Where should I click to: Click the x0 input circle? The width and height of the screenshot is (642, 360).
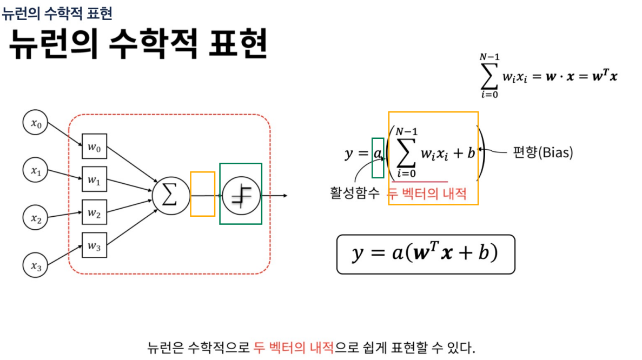[36, 123]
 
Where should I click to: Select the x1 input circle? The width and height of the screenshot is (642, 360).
[36, 171]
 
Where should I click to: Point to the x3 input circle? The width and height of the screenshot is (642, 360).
[36, 265]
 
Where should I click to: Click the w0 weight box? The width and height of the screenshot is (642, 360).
[94, 146]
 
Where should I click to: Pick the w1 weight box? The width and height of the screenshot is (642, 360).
[94, 180]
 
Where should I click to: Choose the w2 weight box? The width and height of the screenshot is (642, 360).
[94, 213]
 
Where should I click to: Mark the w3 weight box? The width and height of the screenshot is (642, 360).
[94, 246]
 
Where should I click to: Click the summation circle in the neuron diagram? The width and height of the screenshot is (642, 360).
[170, 195]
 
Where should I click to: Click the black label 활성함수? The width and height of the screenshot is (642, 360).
[355, 193]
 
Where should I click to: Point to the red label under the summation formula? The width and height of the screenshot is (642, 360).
[427, 193]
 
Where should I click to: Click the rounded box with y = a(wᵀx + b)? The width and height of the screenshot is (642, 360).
[425, 254]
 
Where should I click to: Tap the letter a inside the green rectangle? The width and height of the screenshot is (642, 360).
[378, 154]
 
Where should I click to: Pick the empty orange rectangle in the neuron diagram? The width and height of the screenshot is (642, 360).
[202, 194]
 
